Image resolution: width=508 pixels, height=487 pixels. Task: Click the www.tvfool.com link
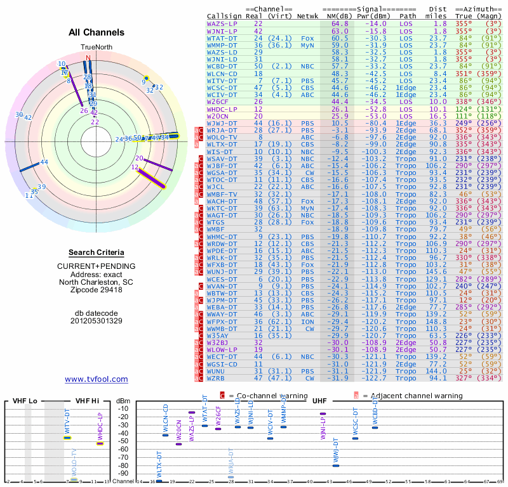click(97, 379)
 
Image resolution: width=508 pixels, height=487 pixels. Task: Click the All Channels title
click(97, 32)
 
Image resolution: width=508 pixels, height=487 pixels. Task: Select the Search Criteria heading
click(97, 252)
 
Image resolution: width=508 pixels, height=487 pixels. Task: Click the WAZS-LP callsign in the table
click(223, 23)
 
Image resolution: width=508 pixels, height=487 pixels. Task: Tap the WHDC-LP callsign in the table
click(223, 108)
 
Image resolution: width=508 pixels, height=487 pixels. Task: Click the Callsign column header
click(225, 15)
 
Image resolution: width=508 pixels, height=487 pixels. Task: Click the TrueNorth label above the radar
click(96, 48)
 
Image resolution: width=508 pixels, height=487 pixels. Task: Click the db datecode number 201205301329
click(97, 321)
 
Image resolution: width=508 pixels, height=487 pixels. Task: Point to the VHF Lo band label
click(22, 401)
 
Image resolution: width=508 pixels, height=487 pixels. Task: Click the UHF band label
click(319, 401)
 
